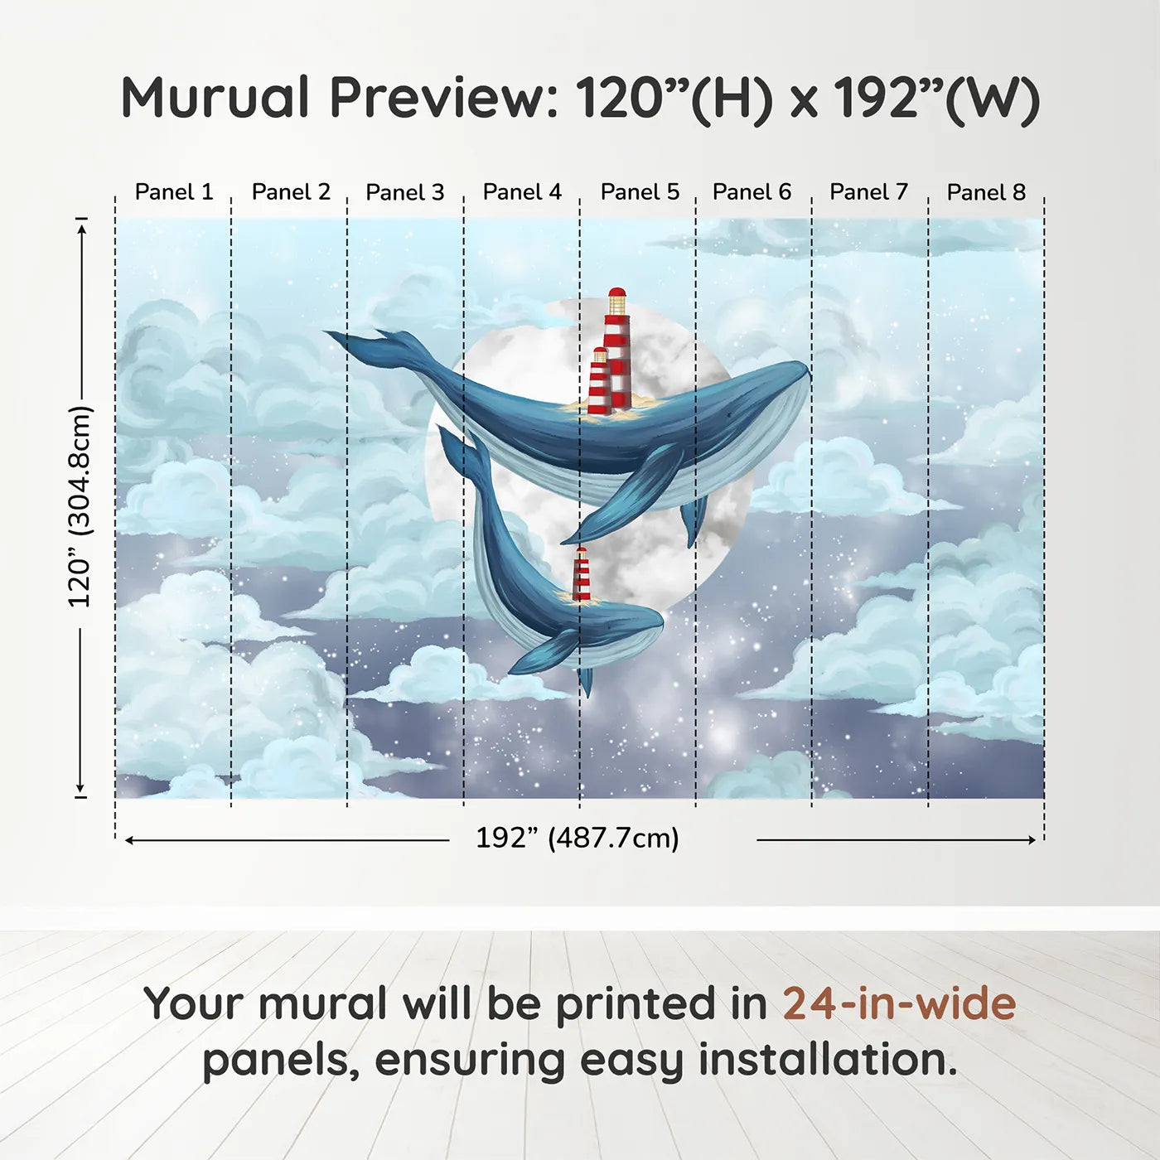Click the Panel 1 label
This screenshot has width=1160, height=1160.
(x=174, y=192)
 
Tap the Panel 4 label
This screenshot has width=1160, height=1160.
(x=522, y=192)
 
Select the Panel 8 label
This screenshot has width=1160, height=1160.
(x=986, y=192)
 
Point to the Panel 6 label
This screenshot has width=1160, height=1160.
(x=752, y=192)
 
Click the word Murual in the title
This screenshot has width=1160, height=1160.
(x=215, y=98)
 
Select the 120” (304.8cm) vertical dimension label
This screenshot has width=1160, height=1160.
(x=80, y=507)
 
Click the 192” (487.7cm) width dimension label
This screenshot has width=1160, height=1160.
(x=578, y=838)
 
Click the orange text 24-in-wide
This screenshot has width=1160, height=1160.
(x=899, y=1003)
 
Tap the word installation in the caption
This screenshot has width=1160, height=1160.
(x=826, y=1060)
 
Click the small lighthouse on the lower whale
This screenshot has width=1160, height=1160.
(x=582, y=574)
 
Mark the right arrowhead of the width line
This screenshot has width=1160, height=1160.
(x=1032, y=840)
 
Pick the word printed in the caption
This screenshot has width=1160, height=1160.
(x=636, y=1003)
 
